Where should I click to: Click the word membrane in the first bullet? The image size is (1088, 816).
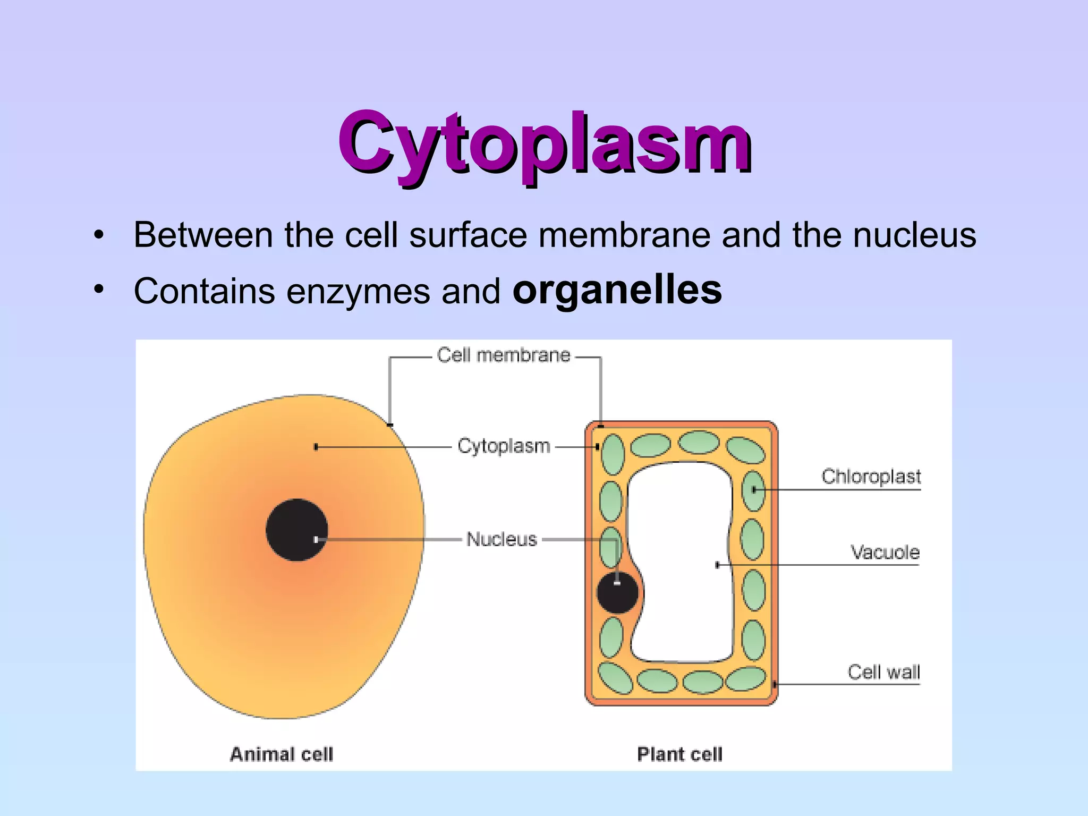coord(624,235)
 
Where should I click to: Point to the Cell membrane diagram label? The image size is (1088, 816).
coord(503,355)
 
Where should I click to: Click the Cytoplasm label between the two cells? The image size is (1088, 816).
coord(504,446)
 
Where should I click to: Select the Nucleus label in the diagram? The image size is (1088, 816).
coord(501,539)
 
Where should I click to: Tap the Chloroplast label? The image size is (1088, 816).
coord(871,477)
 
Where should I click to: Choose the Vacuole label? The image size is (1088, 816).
coord(885,552)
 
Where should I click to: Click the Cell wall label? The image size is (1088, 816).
coord(883,672)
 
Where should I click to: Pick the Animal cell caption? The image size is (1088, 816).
coord(281,754)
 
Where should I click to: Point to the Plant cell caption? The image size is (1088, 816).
coord(679,754)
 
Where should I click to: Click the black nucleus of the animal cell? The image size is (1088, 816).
coord(296,530)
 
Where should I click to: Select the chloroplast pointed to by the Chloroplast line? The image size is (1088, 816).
coord(753,490)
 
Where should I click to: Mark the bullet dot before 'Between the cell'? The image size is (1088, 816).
coord(98,235)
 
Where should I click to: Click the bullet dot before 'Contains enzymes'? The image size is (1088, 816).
coord(98,290)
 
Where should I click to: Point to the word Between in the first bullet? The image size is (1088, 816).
coord(203,235)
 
